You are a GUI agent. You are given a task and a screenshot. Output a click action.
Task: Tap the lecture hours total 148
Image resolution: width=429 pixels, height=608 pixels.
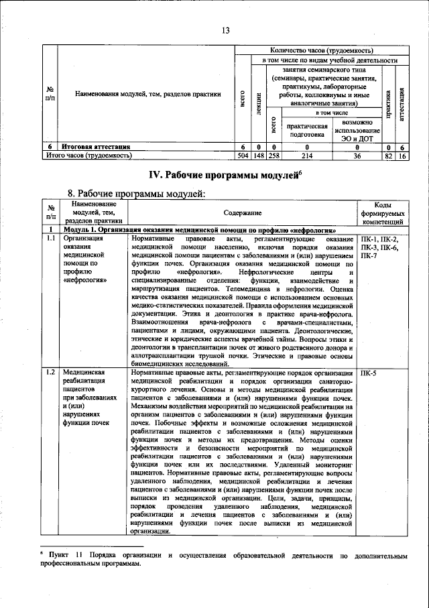[258, 155]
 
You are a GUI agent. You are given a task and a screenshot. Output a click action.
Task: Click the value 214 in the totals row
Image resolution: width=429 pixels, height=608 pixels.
[307, 155]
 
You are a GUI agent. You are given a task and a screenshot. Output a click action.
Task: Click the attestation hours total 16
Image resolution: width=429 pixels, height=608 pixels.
[402, 155]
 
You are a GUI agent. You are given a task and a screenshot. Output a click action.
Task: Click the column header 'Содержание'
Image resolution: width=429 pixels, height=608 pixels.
[243, 212]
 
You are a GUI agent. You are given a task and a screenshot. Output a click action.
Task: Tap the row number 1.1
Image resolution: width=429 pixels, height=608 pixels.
[50, 239]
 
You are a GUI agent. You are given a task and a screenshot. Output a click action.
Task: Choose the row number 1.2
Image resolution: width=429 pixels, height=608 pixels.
[50, 372]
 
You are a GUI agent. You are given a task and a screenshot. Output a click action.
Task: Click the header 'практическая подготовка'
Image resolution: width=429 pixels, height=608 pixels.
[307, 129]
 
